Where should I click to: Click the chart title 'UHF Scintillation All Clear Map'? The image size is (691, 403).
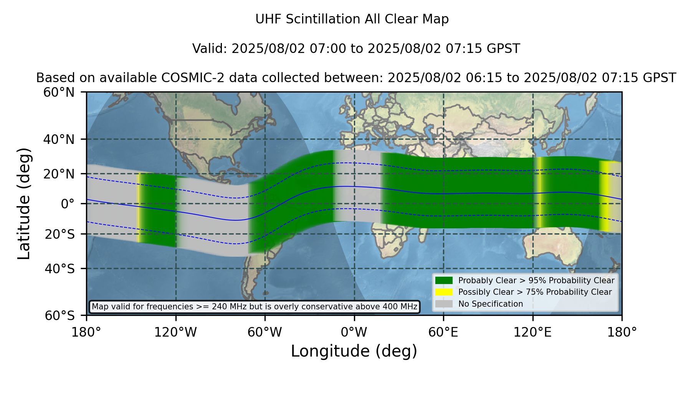tap(352, 19)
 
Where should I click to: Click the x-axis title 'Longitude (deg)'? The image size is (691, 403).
tap(354, 352)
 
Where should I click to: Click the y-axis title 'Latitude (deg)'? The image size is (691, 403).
tap(24, 203)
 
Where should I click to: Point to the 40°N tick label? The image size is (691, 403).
tap(59, 139)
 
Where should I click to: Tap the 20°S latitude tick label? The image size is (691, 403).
tap(60, 234)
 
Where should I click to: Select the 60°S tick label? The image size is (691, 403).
tap(60, 316)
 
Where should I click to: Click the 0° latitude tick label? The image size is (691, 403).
tap(68, 204)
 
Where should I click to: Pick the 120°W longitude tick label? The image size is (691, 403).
tap(175, 332)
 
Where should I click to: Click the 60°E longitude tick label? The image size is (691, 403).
tap(443, 332)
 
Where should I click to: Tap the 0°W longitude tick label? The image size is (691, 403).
tap(354, 332)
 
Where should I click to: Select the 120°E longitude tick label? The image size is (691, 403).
tap(532, 332)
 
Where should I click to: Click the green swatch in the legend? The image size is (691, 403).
tap(444, 281)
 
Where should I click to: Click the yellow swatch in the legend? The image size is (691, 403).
tap(444, 292)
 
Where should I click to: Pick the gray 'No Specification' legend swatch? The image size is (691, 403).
tap(444, 304)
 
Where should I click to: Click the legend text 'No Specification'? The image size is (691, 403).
tap(491, 304)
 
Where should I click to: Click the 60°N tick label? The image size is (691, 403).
tap(59, 92)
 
